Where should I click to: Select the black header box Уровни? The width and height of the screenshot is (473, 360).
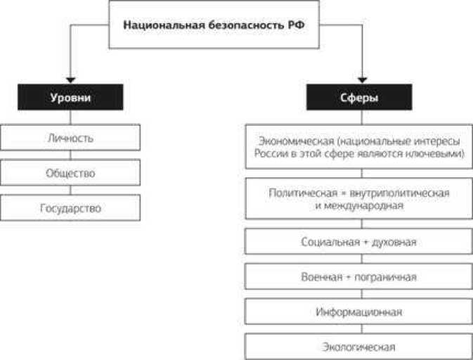tap(70, 98)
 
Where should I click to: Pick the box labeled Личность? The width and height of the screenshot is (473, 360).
tap(70, 138)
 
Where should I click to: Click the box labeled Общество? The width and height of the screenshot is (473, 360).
tap(70, 173)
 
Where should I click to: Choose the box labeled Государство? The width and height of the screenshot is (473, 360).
tap(70, 208)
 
